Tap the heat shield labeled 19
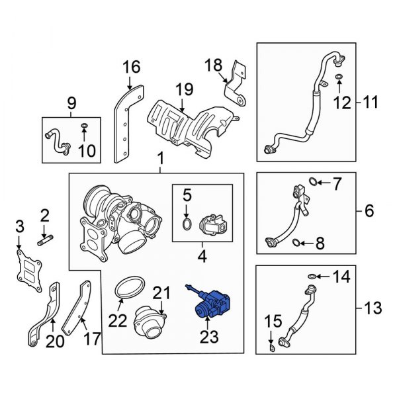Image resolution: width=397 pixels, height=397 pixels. [179, 122]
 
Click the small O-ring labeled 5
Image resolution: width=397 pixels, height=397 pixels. [187, 226]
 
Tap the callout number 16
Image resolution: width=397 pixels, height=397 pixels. [131, 66]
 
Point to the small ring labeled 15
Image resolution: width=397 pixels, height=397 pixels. [271, 347]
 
